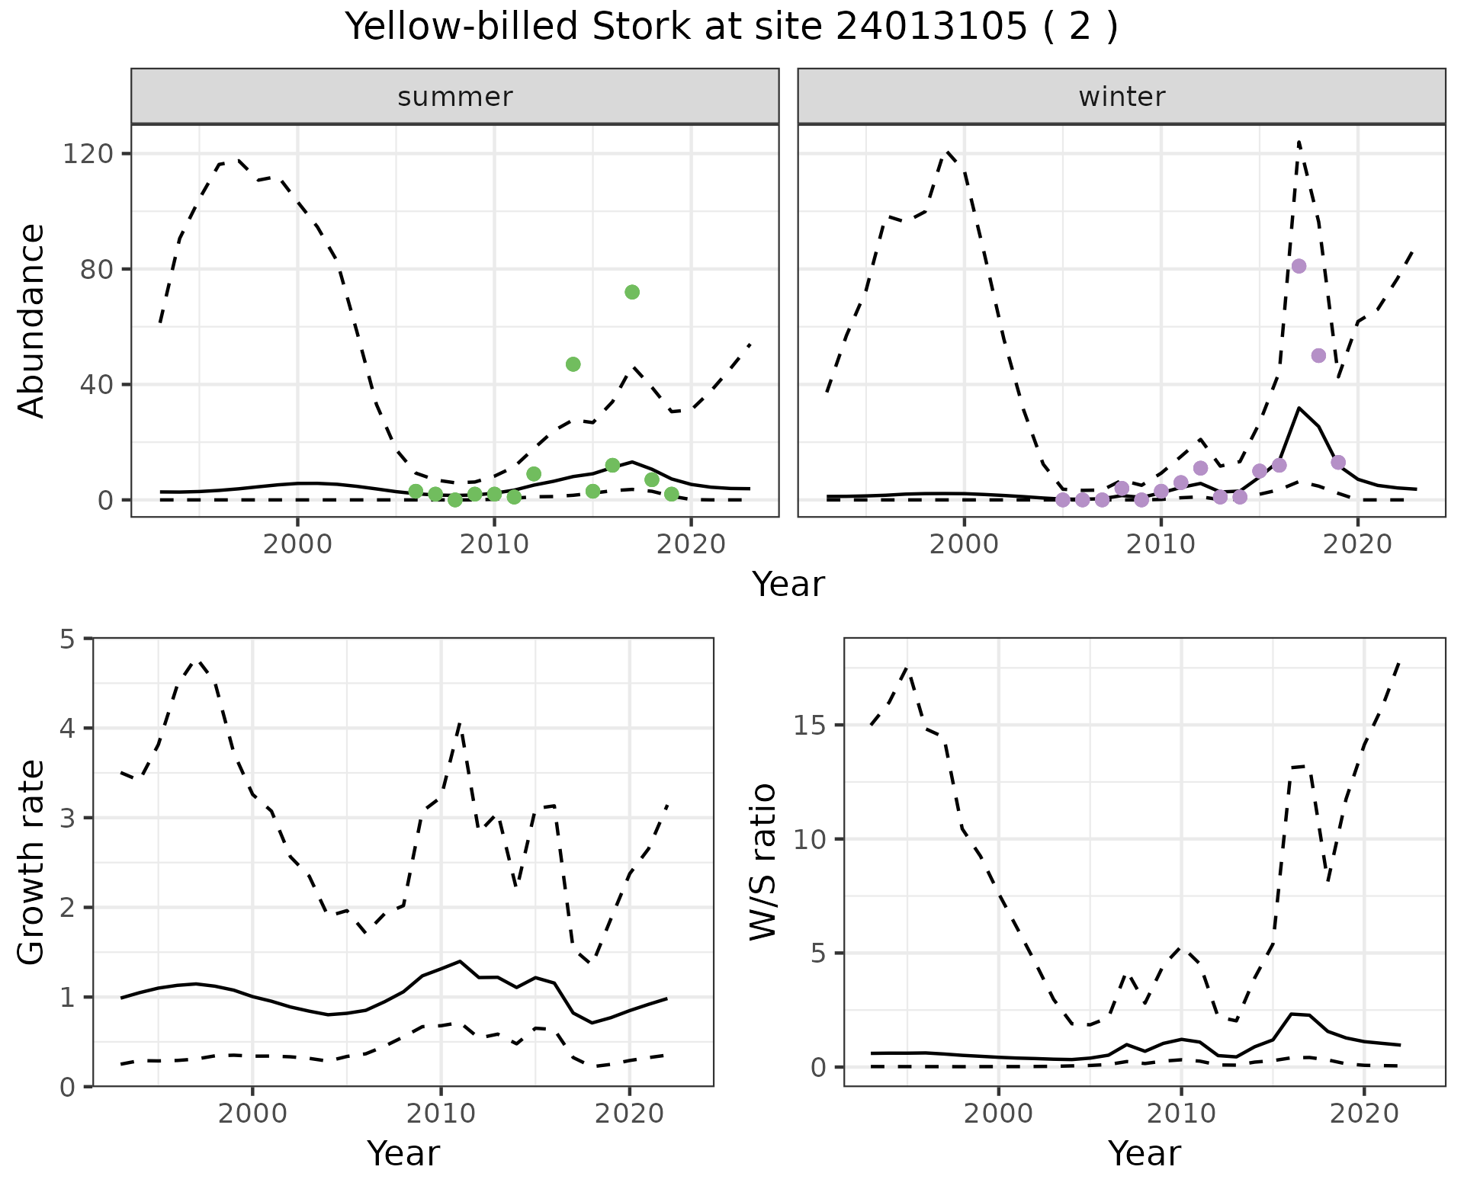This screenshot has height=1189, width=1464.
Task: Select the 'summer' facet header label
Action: pyautogui.click(x=455, y=97)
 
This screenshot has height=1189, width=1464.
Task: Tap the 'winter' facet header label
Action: pyautogui.click(x=1122, y=97)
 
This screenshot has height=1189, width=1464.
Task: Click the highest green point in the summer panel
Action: pyautogui.click(x=632, y=292)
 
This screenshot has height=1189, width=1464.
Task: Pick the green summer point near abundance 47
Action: pyautogui.click(x=573, y=364)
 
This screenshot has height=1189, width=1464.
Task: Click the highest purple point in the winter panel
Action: pyautogui.click(x=1299, y=266)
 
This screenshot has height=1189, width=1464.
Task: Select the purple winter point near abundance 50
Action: pyautogui.click(x=1319, y=355)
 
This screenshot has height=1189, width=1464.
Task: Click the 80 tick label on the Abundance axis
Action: pyautogui.click(x=96, y=270)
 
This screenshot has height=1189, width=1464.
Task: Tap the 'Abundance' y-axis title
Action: pyautogui.click(x=32, y=320)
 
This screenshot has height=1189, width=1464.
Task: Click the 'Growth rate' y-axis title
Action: pyautogui.click(x=32, y=863)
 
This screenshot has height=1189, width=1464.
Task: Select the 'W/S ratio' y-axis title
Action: pyautogui.click(x=762, y=863)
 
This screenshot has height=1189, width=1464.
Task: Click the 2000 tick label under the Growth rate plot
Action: pyautogui.click(x=252, y=1114)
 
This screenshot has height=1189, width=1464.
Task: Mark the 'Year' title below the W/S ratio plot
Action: pyautogui.click(x=1145, y=1153)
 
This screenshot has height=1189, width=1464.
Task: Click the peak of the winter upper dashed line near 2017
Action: pyautogui.click(x=1299, y=142)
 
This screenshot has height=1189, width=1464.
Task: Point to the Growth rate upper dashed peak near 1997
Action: pyautogui.click(x=197, y=661)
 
